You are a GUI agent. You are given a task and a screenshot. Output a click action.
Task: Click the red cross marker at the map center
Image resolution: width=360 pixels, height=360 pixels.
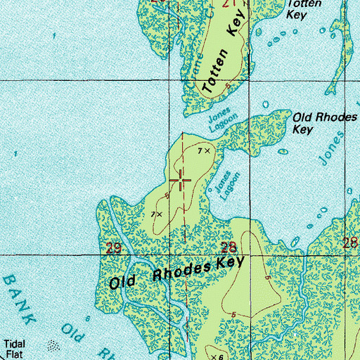[x=181, y=181]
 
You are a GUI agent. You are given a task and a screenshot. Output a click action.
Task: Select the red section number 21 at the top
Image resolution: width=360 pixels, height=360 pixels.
[x=227, y=4]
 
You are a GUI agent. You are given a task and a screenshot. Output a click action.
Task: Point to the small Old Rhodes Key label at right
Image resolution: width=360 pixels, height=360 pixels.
[x=324, y=123]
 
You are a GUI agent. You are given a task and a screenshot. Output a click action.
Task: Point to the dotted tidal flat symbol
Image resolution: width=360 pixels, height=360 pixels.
[x=53, y=346]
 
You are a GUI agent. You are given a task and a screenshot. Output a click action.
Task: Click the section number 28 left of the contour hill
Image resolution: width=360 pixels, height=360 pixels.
[x=229, y=247]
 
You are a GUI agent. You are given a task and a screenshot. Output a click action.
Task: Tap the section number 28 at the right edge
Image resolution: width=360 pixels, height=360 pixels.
[x=350, y=243]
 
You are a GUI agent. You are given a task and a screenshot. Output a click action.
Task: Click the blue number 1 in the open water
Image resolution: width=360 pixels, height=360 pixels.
[x=15, y=154]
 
